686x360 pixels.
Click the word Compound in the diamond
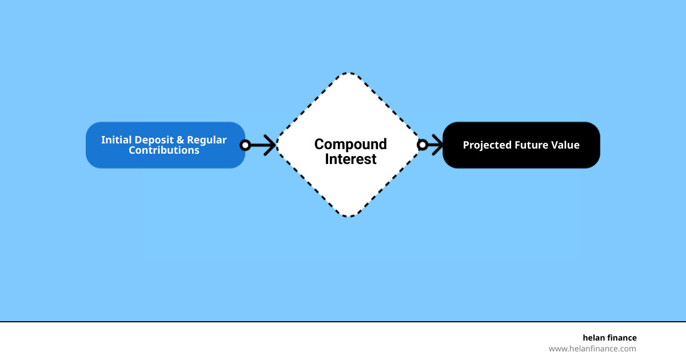(x=350, y=144)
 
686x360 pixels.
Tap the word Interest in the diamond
(x=350, y=159)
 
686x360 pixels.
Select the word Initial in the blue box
(x=116, y=140)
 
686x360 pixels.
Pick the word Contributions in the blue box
(x=164, y=150)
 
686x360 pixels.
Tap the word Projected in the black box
(x=486, y=145)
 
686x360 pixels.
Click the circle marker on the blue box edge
(x=245, y=145)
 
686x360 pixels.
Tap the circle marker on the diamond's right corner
(x=422, y=145)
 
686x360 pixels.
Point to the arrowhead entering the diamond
(x=270, y=145)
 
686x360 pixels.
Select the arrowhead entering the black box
(x=437, y=145)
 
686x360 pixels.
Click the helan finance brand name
(x=609, y=338)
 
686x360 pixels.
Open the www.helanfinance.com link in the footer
(x=592, y=349)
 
